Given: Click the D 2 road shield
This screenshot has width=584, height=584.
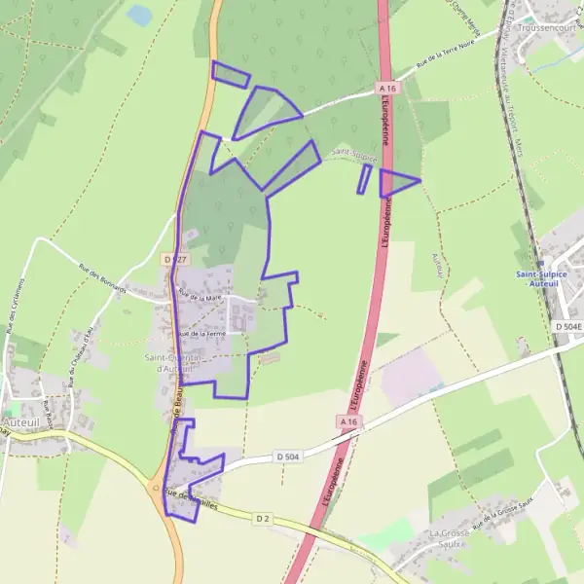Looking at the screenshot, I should click(262, 518).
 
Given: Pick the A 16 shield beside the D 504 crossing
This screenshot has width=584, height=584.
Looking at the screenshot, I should click(348, 420).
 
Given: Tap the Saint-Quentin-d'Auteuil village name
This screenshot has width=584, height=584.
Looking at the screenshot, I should click(173, 363).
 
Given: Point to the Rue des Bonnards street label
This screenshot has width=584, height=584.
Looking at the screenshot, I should click(102, 281).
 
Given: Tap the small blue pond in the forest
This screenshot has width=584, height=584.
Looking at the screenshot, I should click(141, 15).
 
